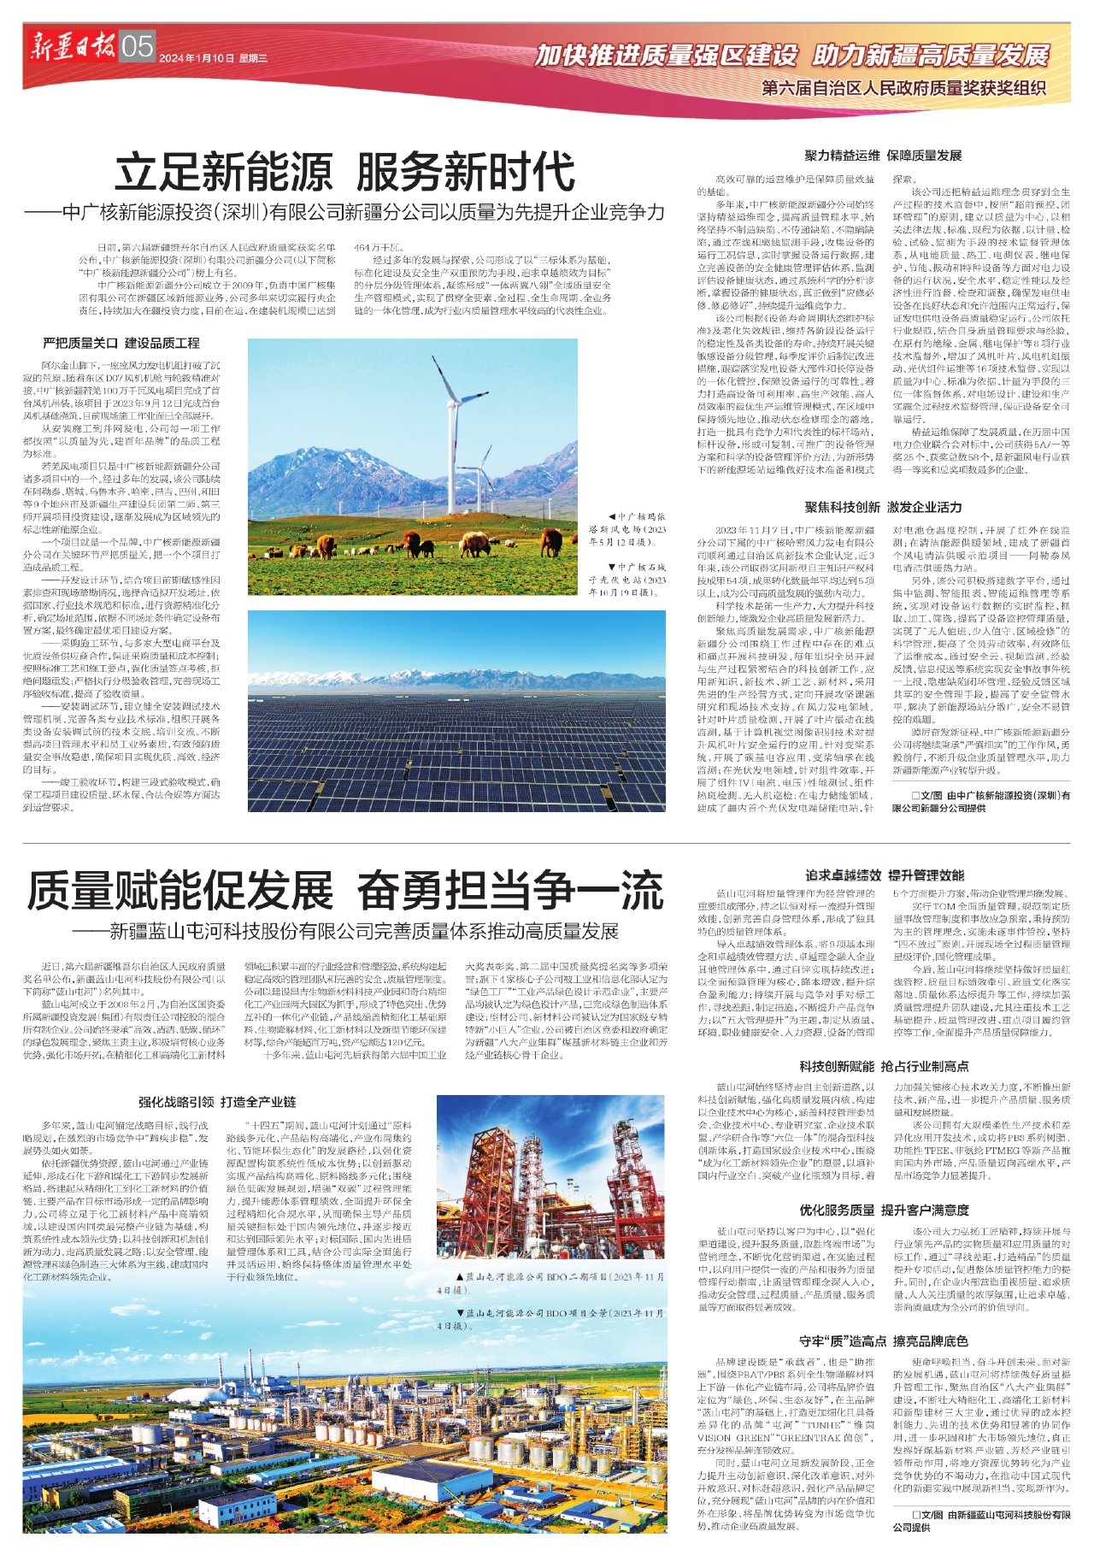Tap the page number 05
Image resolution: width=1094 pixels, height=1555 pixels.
point(137,46)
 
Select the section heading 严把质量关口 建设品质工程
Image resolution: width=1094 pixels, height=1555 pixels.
point(121,343)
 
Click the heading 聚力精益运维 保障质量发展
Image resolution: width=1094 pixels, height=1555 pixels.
point(883,156)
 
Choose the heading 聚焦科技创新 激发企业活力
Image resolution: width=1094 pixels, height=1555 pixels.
point(883,507)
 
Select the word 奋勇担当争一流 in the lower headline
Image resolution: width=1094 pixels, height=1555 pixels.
point(509,890)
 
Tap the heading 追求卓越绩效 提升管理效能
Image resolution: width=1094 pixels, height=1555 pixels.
point(884,875)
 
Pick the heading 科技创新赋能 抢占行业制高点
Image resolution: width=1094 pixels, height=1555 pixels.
point(884,1066)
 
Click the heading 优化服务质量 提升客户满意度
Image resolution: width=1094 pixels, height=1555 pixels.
point(884,1210)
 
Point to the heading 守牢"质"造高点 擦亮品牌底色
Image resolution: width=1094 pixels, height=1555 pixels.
point(884,1340)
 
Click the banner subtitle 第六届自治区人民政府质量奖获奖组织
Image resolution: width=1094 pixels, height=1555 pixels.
point(903,87)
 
